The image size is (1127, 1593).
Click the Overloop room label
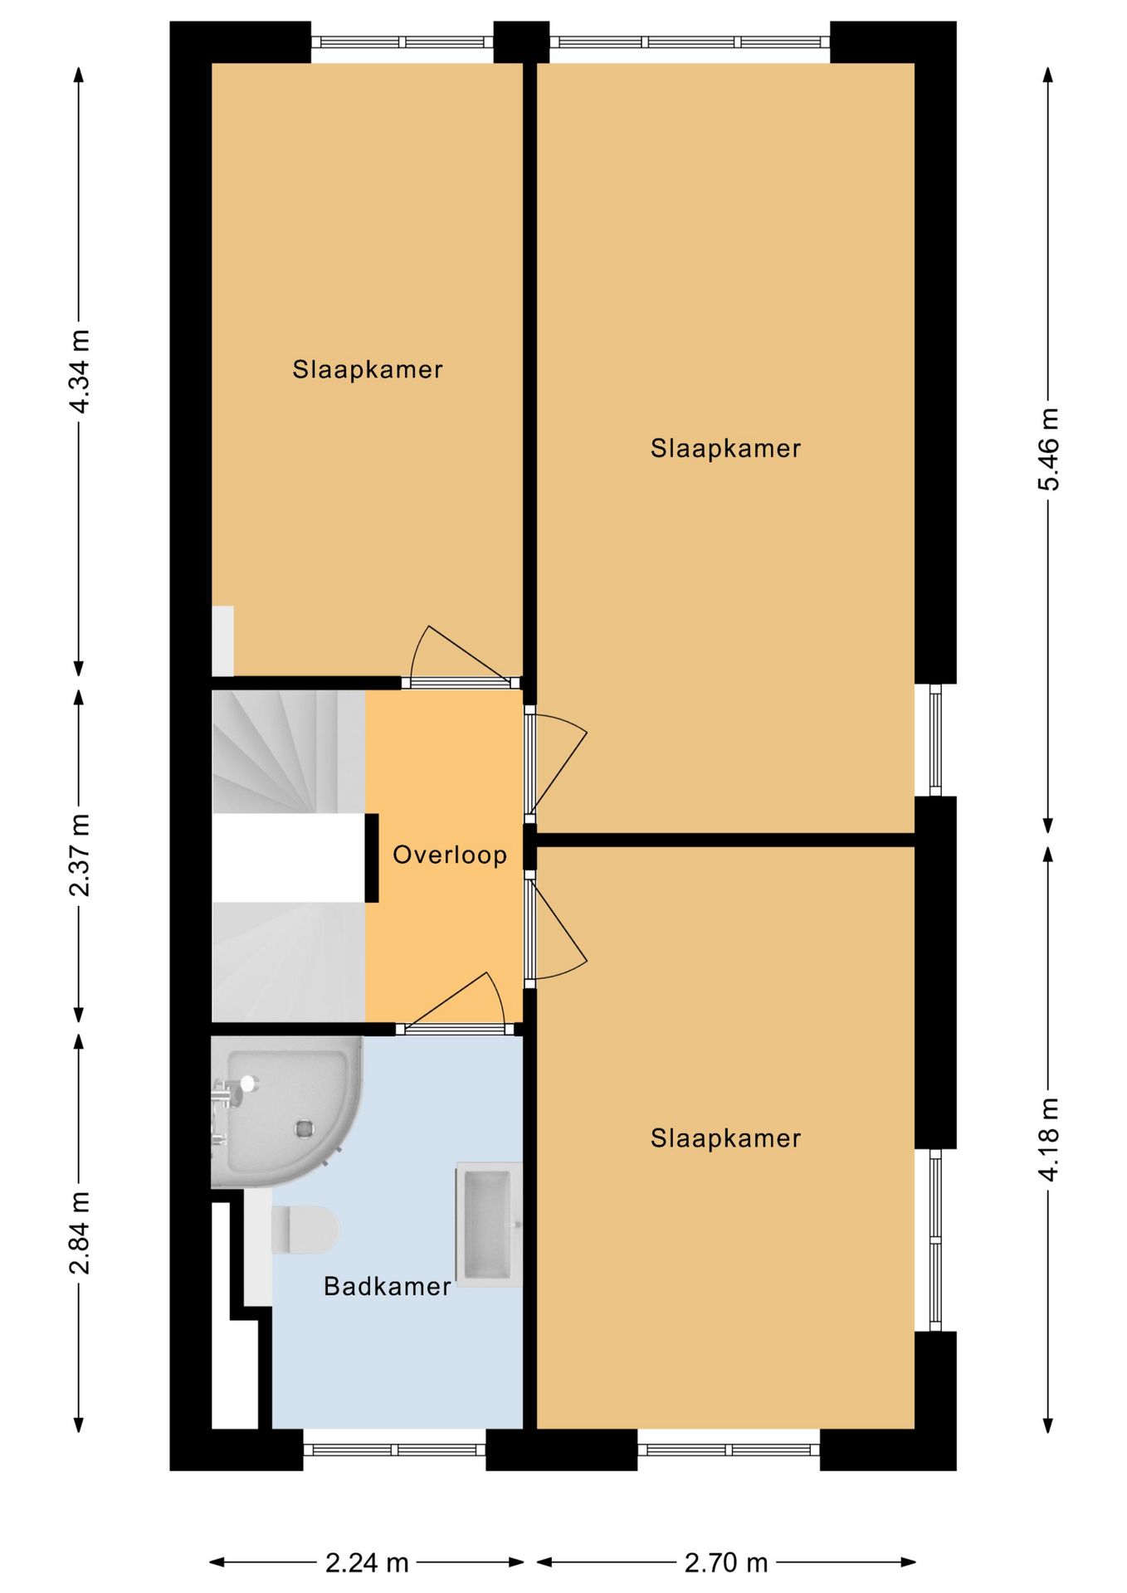click(449, 855)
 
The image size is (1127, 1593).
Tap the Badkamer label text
click(387, 1286)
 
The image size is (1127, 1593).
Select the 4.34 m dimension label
click(80, 372)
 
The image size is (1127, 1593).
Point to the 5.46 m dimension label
click(1049, 449)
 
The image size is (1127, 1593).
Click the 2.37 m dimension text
click(80, 855)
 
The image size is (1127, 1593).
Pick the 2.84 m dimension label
click(80, 1233)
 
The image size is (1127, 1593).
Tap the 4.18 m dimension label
click(1049, 1139)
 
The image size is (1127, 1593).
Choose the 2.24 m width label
click(367, 1563)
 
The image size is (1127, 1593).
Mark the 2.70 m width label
click(726, 1563)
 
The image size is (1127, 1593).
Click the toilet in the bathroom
click(305, 1229)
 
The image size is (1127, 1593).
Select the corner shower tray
click(286, 1112)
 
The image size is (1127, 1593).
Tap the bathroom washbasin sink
click(488, 1225)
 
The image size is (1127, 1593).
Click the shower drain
click(305, 1128)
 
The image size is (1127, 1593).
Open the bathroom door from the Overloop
click(454, 1029)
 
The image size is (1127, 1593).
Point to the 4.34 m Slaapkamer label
click(367, 369)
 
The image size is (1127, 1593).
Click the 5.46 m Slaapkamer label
click(725, 448)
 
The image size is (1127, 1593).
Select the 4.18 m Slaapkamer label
click(725, 1138)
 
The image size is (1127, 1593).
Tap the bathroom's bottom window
click(394, 1449)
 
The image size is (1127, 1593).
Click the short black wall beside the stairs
click(372, 858)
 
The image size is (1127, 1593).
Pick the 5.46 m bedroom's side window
click(935, 740)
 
